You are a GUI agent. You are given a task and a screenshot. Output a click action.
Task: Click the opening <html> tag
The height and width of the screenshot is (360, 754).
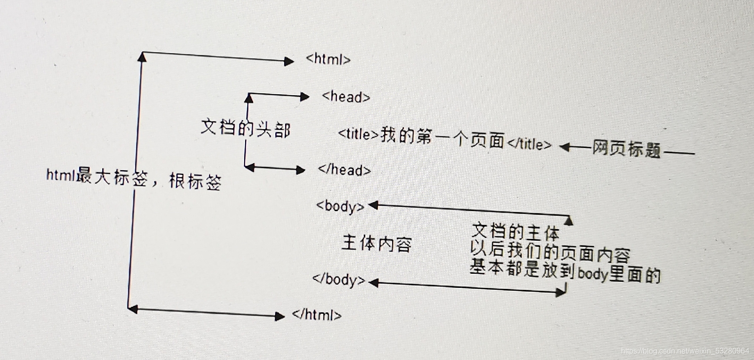328,59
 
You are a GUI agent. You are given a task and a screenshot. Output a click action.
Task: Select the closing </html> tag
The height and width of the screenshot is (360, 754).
317,314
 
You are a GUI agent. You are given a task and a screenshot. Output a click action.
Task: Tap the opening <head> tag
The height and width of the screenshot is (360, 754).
346,97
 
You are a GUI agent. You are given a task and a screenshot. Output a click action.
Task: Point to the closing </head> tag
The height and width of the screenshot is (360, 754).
344,169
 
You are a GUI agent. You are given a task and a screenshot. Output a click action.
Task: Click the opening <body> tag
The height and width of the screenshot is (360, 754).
340,206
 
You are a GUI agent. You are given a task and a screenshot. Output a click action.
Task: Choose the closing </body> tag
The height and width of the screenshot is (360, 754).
338,279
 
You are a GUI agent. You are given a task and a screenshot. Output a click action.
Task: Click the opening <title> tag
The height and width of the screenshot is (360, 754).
358,134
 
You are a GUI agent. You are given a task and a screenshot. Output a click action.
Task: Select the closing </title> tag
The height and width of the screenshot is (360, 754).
529,143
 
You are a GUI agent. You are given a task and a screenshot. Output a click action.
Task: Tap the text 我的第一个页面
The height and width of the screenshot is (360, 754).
442,138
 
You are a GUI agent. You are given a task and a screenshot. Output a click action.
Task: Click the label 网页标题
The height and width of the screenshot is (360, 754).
626,149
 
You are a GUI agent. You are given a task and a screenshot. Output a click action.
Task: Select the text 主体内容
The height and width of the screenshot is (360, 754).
377,244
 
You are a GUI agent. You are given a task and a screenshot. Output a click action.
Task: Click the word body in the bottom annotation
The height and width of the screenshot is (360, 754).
592,273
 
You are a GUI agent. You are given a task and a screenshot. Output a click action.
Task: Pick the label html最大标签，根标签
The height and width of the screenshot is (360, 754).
133,179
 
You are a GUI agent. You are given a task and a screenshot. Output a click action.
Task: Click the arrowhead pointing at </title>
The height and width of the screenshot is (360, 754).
565,147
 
